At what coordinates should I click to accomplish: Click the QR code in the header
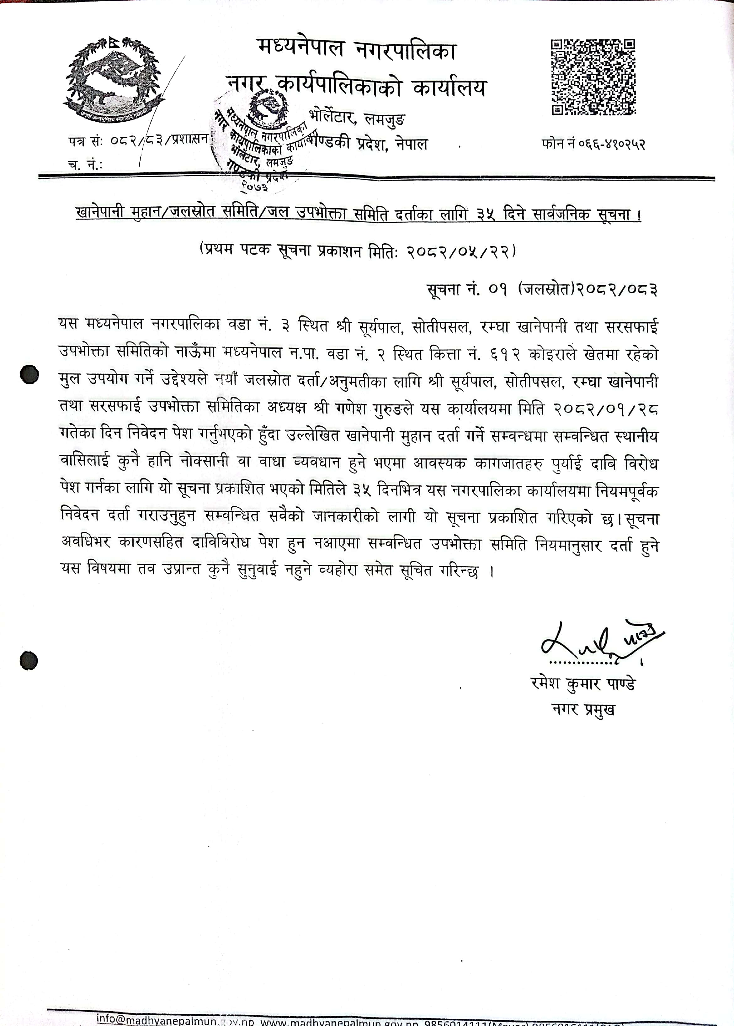click(593, 77)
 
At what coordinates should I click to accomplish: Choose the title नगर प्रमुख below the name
click(583, 709)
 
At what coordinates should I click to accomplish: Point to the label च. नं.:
click(85, 165)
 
